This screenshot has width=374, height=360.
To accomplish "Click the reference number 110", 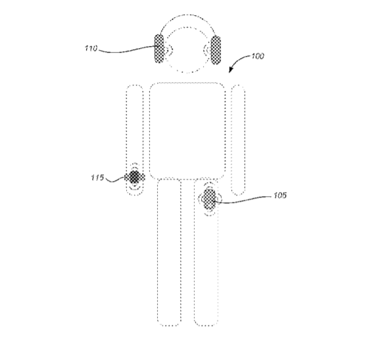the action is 91,48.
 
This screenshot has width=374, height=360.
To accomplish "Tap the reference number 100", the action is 258,56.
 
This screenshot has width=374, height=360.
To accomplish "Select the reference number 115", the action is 97,178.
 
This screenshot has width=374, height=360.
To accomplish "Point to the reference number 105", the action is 280,195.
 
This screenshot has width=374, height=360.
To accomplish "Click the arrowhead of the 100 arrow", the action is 231,69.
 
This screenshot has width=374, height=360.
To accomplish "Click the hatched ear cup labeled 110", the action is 159,49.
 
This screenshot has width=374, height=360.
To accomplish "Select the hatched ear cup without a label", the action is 216,50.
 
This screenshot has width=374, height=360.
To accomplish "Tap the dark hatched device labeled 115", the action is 135,177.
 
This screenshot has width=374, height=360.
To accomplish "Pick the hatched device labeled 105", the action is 208,199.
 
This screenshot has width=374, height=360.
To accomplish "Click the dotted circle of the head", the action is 167,62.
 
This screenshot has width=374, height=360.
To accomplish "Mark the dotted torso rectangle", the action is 150,131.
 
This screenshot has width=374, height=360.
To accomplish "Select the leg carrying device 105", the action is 218,263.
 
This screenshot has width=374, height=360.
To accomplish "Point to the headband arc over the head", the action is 187,15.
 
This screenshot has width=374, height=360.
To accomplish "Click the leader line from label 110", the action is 127,50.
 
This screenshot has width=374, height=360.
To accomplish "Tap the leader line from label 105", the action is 243,200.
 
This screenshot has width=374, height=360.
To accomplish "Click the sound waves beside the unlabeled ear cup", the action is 206,50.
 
